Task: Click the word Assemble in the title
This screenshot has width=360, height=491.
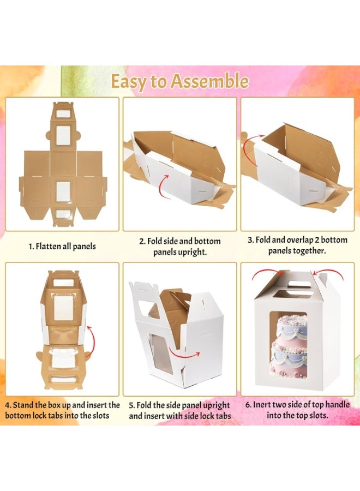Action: [209, 81]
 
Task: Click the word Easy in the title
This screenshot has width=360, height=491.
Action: [131, 81]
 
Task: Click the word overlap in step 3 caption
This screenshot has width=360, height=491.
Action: [307, 240]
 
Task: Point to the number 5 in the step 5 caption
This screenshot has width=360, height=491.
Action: [131, 405]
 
